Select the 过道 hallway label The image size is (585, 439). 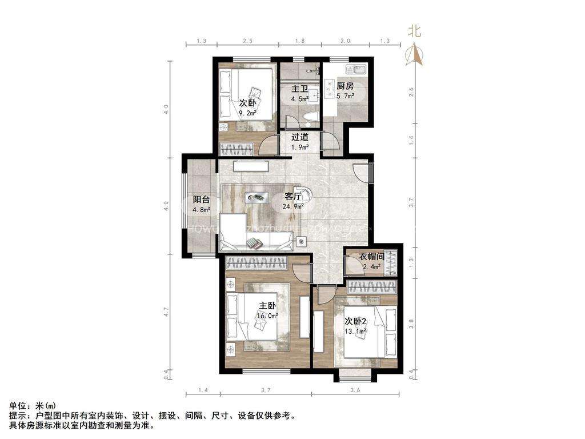(300, 137)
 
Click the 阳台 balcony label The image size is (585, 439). (201, 199)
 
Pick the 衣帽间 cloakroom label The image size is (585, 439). (372, 257)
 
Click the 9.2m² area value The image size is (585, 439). (247, 113)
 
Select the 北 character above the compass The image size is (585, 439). (415, 32)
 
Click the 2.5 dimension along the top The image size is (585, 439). (247, 41)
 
